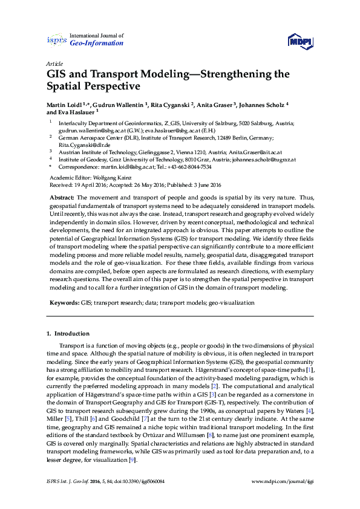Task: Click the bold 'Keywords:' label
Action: click(64, 302)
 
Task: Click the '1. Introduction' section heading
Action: click(68, 334)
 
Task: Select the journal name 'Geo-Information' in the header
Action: click(97, 44)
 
